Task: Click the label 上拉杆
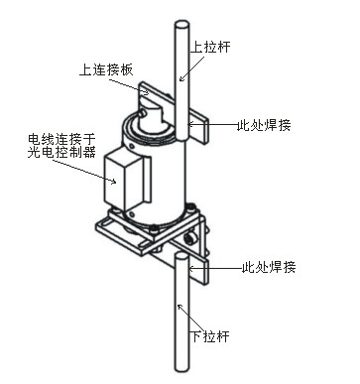210,47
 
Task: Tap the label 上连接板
106,70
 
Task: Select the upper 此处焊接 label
264,125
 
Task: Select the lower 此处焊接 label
269,267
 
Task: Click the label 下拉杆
210,336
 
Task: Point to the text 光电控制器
61,153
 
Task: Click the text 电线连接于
61,139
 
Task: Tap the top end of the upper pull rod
181,25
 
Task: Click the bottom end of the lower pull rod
181,368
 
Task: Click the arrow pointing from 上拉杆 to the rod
191,68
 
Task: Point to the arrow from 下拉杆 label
189,318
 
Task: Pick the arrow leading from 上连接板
129,86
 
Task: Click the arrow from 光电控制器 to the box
84,171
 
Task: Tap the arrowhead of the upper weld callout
190,125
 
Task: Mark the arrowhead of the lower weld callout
190,269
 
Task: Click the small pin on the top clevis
143,113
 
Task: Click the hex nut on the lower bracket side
190,238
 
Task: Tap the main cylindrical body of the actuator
156,177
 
